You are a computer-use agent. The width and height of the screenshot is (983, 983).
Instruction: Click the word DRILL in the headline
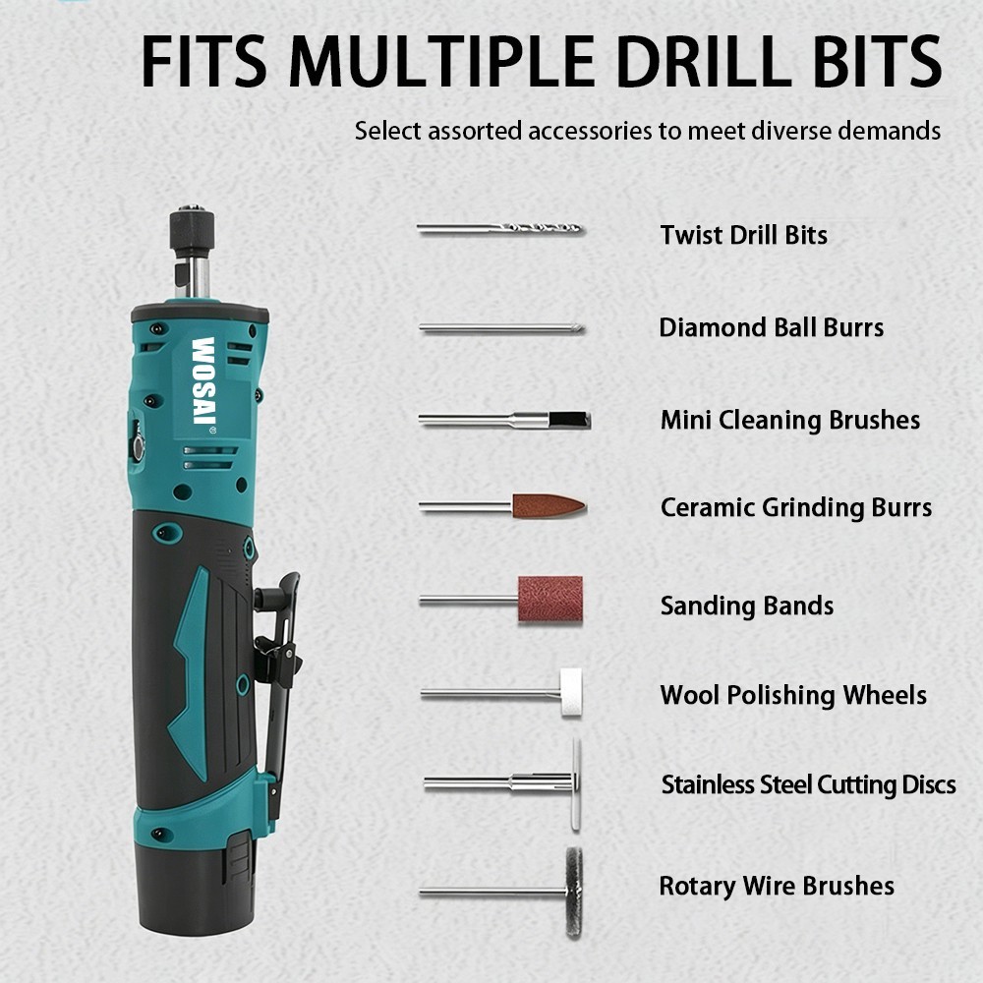[704, 61]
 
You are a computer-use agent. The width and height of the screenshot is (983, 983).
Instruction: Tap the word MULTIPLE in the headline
[441, 61]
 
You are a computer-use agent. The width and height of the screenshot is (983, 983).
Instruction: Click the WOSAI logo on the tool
[203, 381]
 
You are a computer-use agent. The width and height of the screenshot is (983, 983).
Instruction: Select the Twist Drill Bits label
[743, 235]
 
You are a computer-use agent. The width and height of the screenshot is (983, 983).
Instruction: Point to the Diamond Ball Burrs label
[771, 327]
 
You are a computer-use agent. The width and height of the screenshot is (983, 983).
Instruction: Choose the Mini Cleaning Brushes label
[790, 420]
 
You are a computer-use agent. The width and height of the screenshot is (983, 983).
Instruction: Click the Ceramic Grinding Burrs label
[796, 508]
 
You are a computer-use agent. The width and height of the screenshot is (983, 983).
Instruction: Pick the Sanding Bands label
[747, 607]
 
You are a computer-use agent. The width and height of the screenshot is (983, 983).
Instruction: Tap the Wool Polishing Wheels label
[793, 695]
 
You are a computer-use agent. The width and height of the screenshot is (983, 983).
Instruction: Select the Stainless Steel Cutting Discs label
[809, 784]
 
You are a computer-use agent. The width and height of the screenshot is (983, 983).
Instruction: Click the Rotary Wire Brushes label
[777, 886]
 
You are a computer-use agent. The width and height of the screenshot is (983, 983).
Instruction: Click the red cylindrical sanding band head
[549, 600]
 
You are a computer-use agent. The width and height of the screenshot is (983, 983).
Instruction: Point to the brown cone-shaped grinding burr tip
[549, 506]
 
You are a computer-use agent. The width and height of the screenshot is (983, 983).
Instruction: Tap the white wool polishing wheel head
[570, 692]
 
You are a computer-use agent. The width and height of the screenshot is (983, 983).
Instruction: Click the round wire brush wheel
[574, 893]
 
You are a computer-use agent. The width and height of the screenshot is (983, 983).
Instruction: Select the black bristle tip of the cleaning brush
[569, 420]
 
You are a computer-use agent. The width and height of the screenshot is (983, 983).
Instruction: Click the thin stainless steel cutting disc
[576, 784]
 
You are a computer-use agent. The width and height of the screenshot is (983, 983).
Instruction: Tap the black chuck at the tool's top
[192, 231]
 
